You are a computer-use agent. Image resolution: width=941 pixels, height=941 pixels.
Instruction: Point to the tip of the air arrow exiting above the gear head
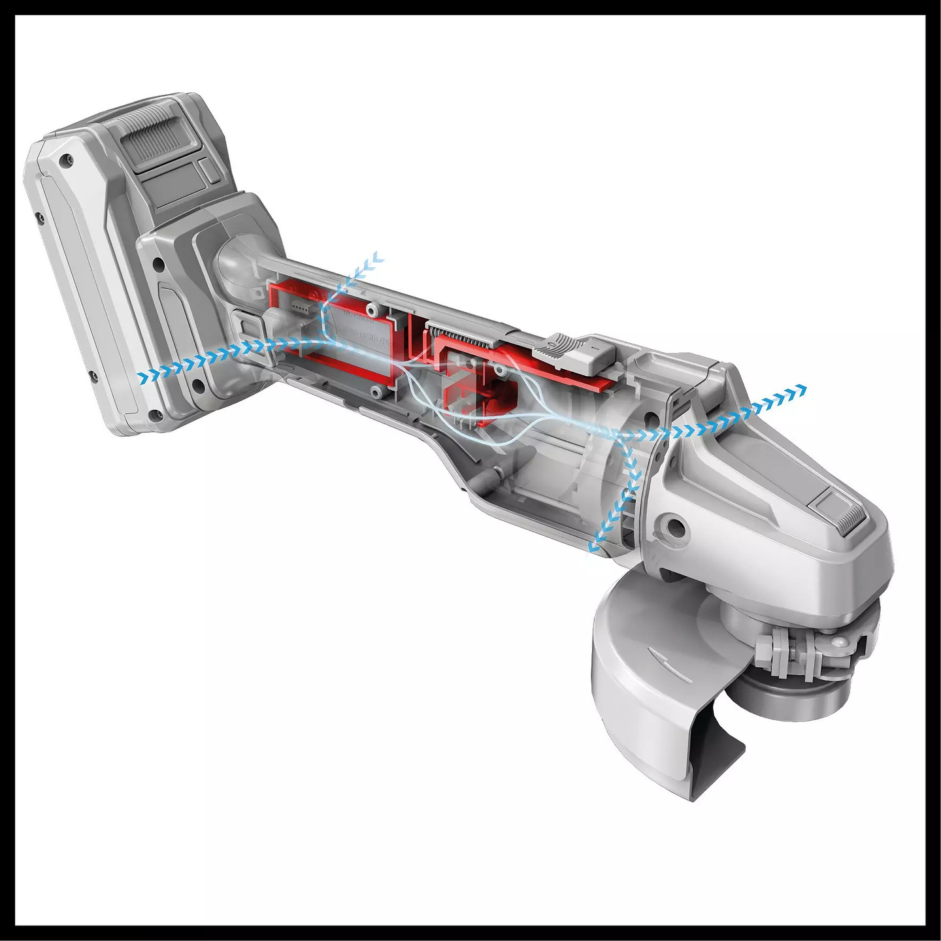coord(804,390)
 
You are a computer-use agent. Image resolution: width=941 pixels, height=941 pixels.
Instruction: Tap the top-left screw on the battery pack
coord(63,159)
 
